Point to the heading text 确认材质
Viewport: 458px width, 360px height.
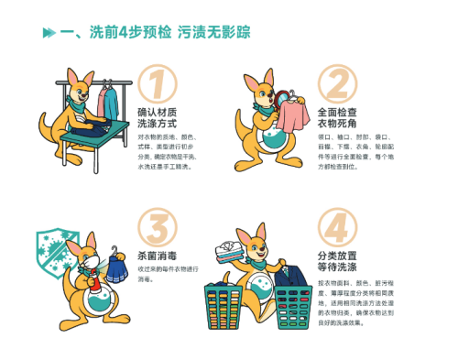pyautogui.click(x=157, y=109)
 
